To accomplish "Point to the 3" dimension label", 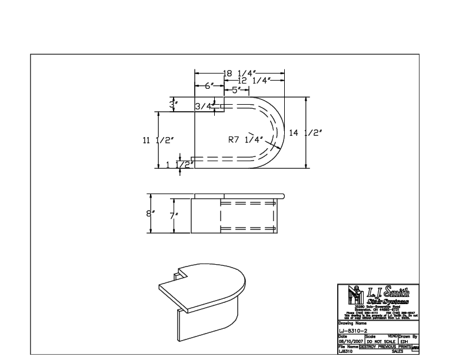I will tap(174, 104).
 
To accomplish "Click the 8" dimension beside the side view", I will tap(151, 212).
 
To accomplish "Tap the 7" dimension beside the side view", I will tap(174, 216).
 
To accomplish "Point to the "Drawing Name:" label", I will tap(351, 322).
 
